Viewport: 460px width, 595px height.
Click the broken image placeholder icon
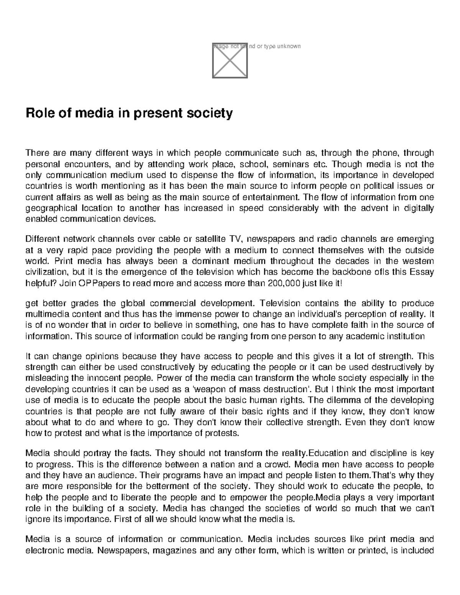coord(230,61)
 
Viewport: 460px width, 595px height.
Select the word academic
coord(370,336)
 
